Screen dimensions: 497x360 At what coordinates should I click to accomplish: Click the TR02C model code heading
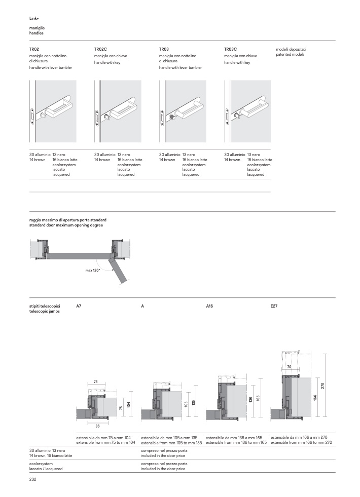[100, 49]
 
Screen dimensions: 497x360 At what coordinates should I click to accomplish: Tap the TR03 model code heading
[164, 49]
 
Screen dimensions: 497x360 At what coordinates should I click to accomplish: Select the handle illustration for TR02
[53, 111]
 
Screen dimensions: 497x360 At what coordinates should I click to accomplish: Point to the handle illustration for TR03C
[248, 111]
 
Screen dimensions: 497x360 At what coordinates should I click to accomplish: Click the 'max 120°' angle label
[92, 271]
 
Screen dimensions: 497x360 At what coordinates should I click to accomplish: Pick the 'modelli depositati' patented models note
[291, 49]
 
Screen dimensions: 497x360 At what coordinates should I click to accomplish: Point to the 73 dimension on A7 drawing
[96, 381]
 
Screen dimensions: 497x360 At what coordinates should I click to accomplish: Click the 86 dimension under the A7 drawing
[97, 426]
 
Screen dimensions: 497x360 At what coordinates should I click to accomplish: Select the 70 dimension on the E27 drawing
[289, 366]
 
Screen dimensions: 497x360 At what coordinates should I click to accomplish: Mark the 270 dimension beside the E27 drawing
[322, 386]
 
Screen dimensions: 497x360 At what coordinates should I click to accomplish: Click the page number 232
[33, 479]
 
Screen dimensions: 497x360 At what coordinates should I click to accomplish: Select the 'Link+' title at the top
[34, 19]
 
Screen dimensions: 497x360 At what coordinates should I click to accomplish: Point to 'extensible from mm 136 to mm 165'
[236, 442]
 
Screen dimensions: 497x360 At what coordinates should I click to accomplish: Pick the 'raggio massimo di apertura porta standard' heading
[67, 221]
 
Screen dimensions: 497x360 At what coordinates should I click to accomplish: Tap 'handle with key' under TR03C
[237, 63]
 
